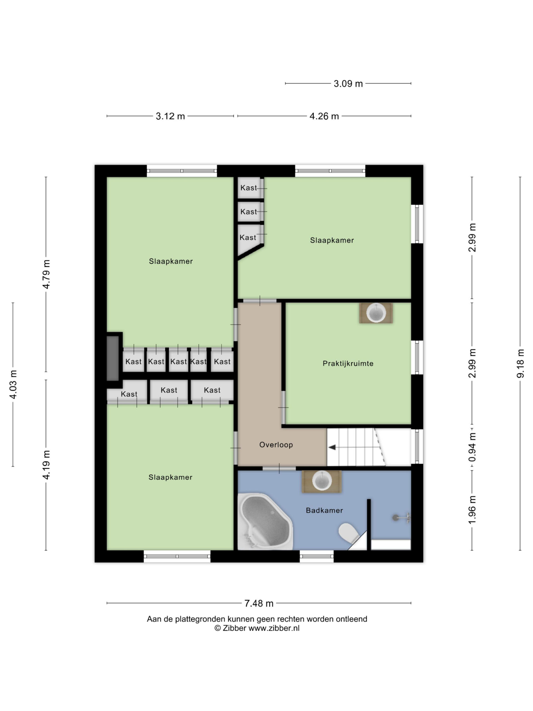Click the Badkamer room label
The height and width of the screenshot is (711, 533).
click(x=324, y=510)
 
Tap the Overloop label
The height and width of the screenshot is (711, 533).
click(x=276, y=445)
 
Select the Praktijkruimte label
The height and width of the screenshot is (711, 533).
click(x=348, y=364)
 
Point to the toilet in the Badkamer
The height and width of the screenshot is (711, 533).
click(x=349, y=533)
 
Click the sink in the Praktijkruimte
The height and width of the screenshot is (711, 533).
click(x=376, y=313)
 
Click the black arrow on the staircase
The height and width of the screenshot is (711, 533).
click(x=332, y=447)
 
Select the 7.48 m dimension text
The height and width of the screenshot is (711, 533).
click(x=259, y=604)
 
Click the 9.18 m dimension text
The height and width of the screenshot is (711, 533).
click(x=520, y=363)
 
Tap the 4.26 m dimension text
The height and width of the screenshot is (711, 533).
click(x=324, y=116)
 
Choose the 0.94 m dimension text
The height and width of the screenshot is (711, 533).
click(x=472, y=447)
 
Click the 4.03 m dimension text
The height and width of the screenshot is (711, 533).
click(x=13, y=384)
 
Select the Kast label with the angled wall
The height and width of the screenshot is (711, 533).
click(x=248, y=237)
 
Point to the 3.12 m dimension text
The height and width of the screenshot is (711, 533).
click(x=170, y=116)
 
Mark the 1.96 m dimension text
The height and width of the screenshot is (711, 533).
click(x=472, y=510)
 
